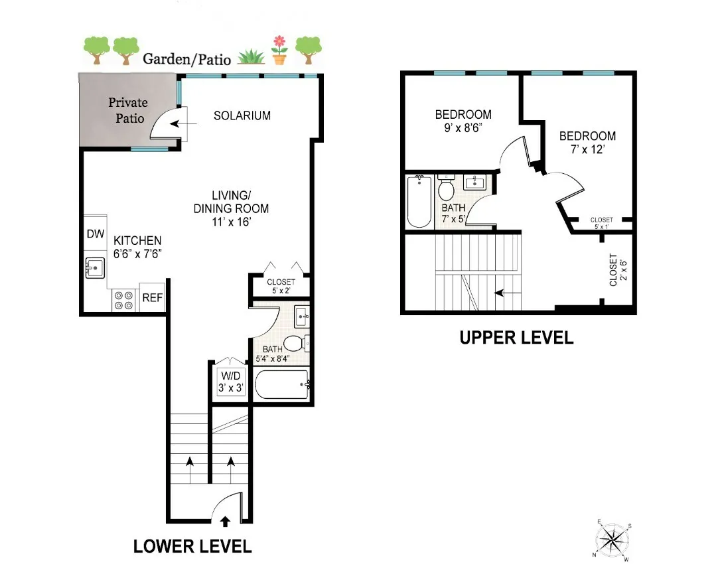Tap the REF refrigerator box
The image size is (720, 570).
[152, 299]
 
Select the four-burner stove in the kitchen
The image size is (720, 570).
[123, 301]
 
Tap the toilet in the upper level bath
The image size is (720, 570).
[446, 190]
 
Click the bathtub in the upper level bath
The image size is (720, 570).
[419, 201]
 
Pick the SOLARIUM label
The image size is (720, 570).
[242, 115]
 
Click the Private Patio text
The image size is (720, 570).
[128, 110]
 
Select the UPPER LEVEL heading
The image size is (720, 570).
[516, 337]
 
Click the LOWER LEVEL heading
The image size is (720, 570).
[192, 546]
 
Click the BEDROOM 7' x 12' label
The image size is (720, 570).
[587, 143]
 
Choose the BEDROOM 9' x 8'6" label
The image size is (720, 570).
[463, 120]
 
